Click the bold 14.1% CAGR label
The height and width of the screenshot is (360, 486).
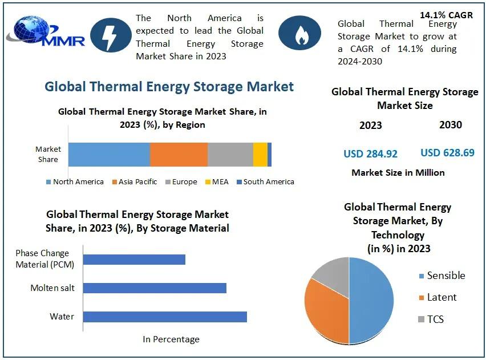click(446, 15)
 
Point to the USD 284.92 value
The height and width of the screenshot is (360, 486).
click(370, 153)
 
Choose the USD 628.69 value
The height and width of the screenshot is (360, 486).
click(447, 152)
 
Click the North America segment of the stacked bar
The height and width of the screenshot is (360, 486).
click(109, 155)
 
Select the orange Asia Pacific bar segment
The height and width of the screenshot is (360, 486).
click(179, 155)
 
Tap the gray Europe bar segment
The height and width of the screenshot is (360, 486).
click(230, 155)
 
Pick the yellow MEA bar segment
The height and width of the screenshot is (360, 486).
click(260, 155)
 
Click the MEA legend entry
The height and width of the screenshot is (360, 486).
click(216, 182)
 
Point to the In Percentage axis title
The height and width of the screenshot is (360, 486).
click(171, 339)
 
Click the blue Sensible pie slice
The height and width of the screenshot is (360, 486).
click(372, 300)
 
